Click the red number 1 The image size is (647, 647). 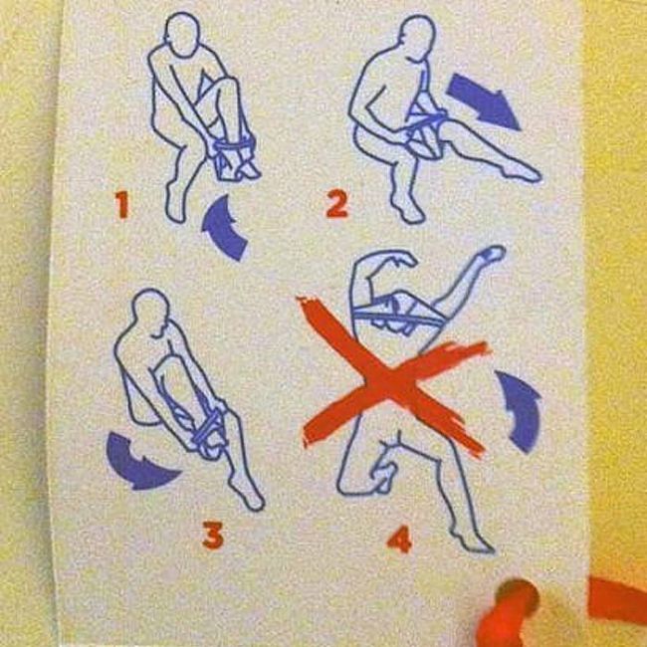coord(122,204)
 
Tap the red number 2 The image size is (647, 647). coord(337,205)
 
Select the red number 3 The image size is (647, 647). coord(213,535)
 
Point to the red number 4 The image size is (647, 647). coord(399,539)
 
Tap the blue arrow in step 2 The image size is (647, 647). coord(484,102)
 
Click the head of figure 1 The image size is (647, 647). coord(182,33)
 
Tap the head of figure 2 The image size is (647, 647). coord(418,38)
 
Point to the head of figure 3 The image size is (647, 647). coord(152,312)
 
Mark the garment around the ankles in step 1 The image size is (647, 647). coord(232,156)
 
